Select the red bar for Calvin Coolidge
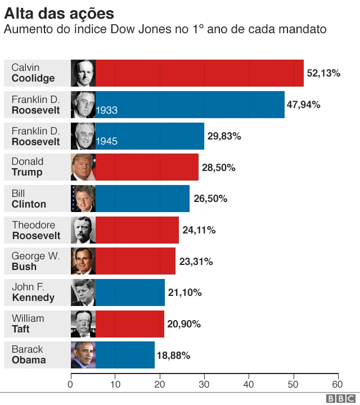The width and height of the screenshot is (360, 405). (x=200, y=73)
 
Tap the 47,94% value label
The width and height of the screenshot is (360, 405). (x=303, y=105)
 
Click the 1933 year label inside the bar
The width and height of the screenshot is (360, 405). (x=107, y=110)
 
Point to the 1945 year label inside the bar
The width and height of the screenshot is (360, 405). (x=107, y=141)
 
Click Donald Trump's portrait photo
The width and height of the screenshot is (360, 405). (x=83, y=167)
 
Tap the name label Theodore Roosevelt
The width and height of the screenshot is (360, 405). (x=36, y=230)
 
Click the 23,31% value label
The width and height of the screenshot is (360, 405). (x=196, y=262)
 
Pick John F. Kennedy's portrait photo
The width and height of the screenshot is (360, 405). (x=83, y=292)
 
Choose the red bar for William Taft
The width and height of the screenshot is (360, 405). (x=130, y=324)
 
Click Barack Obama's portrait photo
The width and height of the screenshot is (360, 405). (x=83, y=355)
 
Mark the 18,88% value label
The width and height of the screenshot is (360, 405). (x=173, y=355)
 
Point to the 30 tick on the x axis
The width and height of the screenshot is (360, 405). (x=204, y=385)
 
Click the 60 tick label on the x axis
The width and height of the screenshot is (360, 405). (x=337, y=385)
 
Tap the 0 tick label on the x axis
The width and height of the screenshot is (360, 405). (x=70, y=385)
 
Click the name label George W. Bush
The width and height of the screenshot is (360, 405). (x=35, y=262)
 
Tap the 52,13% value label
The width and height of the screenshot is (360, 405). (x=323, y=73)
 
